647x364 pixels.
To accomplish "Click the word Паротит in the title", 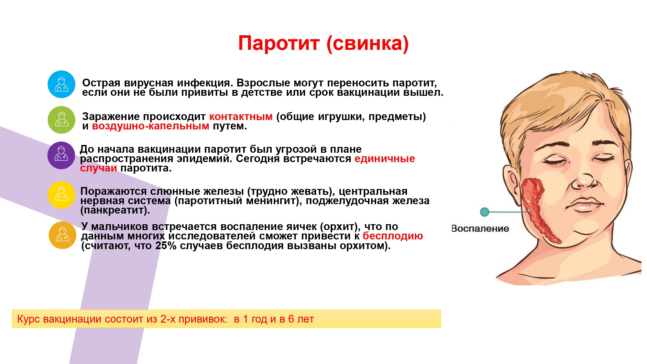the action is (x=279, y=44).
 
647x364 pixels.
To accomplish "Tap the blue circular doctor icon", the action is (x=61, y=84).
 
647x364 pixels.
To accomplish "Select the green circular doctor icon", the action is (x=61, y=120).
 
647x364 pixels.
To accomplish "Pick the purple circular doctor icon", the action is (x=61, y=155).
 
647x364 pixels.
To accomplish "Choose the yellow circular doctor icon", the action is (x=61, y=195).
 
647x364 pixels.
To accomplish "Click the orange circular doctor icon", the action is (x=62, y=235).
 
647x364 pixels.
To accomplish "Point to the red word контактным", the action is (x=241, y=116).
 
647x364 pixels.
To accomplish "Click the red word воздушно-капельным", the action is (x=151, y=126).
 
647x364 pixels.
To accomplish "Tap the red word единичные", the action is (x=385, y=159).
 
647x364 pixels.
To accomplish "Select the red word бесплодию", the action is (x=393, y=236).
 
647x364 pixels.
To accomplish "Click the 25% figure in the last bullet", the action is (x=166, y=246).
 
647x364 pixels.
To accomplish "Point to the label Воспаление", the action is (x=480, y=229).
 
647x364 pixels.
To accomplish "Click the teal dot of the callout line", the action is (x=485, y=212).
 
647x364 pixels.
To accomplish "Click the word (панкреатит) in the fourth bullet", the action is (x=115, y=211).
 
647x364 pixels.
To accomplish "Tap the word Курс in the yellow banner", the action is (x=28, y=319).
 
